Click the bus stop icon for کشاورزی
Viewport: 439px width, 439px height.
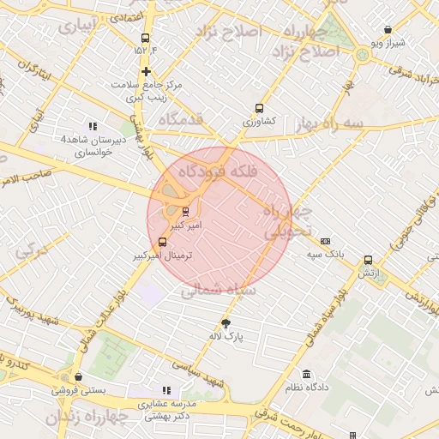tap(258, 109)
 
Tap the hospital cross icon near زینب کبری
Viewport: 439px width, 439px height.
tap(147, 71)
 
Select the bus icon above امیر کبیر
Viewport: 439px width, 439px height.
tap(186, 210)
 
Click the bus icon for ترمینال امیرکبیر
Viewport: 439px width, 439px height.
tap(163, 242)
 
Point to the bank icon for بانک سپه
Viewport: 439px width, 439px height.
tap(325, 241)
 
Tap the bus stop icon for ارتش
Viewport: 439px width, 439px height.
tap(368, 260)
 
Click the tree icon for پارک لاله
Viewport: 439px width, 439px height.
tap(226, 323)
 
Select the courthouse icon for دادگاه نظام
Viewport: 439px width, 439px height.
tap(307, 375)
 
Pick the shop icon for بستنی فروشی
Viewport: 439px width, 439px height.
tap(78, 376)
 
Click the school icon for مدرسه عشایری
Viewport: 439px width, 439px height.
tap(166, 390)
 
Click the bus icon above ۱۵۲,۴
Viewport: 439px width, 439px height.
tap(145, 38)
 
